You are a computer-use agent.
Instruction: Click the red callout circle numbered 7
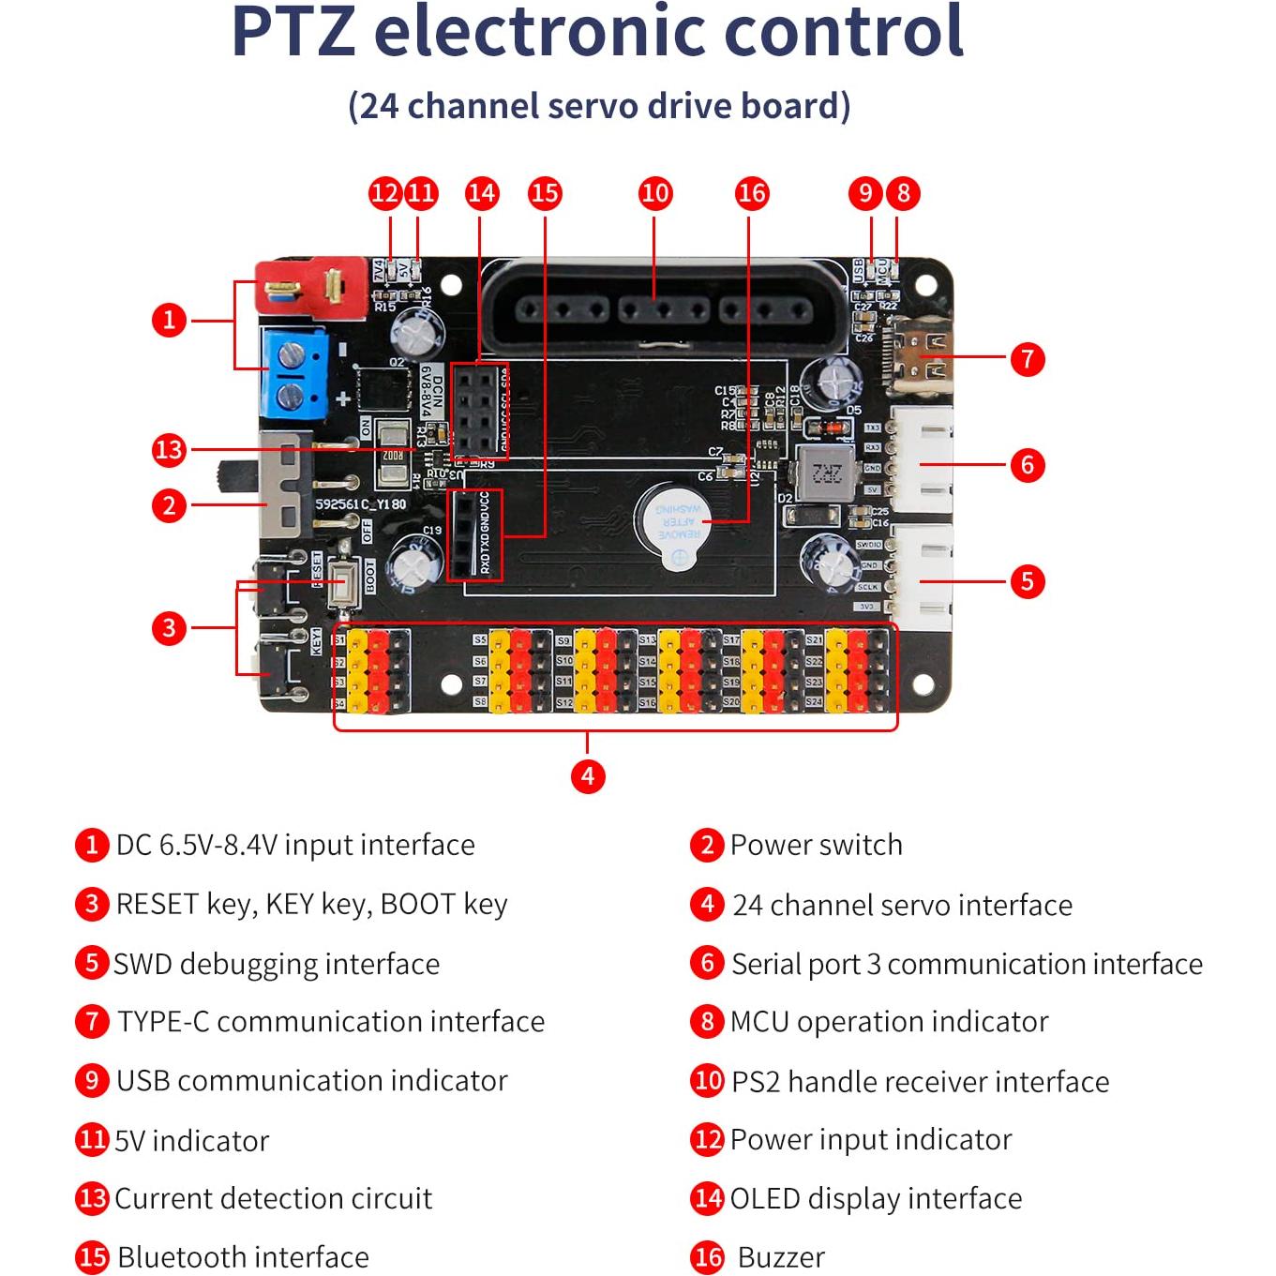(1027, 358)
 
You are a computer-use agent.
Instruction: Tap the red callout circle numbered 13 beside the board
(169, 450)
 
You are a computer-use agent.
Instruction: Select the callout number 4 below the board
(587, 775)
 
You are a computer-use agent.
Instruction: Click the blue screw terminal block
(294, 374)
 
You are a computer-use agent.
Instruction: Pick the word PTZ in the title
(293, 32)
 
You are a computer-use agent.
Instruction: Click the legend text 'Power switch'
(816, 845)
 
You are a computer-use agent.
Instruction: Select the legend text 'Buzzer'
(781, 1256)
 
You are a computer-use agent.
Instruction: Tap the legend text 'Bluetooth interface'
(243, 1256)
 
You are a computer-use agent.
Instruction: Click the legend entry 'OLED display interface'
(876, 1198)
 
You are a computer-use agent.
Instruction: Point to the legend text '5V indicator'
(191, 1140)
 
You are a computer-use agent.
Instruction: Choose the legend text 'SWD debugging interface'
(277, 964)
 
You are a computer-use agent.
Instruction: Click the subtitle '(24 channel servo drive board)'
(599, 106)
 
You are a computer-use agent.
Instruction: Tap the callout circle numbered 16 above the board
(752, 193)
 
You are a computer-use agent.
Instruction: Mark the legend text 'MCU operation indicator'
(889, 1021)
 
